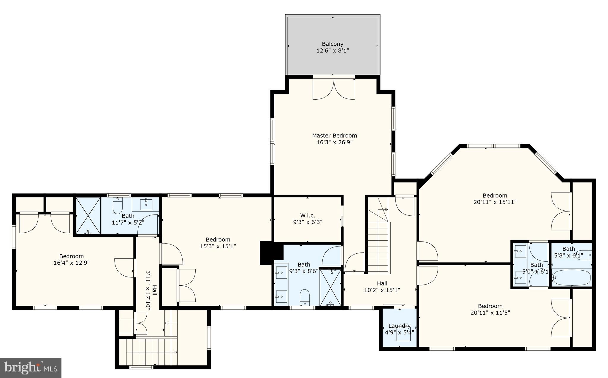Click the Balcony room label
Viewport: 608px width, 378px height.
[332, 44]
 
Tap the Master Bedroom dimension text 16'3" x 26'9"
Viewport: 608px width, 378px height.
[335, 142]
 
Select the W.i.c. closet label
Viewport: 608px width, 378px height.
[308, 215]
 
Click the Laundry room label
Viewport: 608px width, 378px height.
[399, 326]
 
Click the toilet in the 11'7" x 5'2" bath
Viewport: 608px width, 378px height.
[118, 206]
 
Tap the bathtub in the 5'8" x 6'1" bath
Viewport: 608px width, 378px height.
[572, 277]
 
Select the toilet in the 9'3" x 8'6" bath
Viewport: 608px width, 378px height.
[305, 296]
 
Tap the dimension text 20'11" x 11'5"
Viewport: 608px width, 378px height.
[490, 312]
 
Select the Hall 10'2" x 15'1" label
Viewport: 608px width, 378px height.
[382, 287]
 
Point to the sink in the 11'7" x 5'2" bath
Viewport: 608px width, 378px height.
[146, 204]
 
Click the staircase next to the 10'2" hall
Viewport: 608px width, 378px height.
[378, 243]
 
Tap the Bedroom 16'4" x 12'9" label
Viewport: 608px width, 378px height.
[72, 259]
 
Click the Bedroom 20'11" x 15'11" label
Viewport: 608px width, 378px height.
[495, 199]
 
